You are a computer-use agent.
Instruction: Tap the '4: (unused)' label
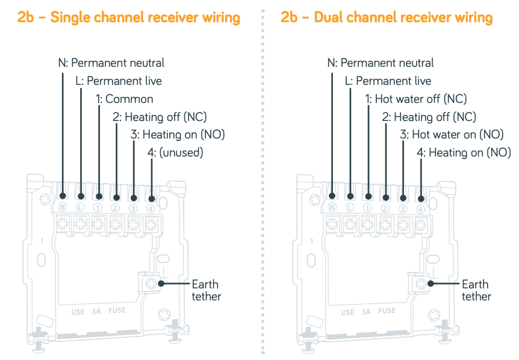175,153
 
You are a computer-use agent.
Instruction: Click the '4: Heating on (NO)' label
464,153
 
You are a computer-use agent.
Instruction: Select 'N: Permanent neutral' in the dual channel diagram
381,63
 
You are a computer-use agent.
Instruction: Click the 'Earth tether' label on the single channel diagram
206,290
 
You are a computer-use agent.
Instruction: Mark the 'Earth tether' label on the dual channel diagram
476,290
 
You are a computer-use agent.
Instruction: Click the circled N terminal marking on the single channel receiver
63,208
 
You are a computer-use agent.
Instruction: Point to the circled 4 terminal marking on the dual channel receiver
420,208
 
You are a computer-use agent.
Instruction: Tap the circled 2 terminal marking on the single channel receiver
116,208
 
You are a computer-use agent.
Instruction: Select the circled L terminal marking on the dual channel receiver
350,208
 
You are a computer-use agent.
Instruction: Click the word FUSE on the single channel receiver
117,311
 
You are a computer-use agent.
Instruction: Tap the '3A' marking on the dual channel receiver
366,312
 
